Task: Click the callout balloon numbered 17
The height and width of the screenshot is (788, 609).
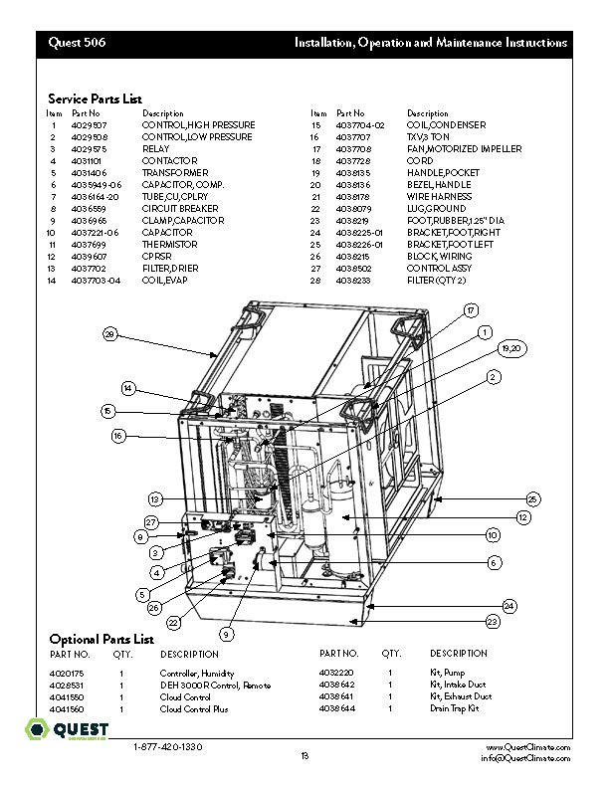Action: tap(470, 310)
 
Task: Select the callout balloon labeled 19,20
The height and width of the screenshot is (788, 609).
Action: tap(512, 348)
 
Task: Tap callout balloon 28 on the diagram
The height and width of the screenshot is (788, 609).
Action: tap(110, 334)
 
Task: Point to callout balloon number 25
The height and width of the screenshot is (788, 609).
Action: tap(532, 497)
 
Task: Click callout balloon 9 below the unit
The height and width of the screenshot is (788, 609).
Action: tap(226, 633)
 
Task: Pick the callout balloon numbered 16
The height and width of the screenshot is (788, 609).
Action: tap(118, 435)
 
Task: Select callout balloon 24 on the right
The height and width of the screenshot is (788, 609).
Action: tap(507, 605)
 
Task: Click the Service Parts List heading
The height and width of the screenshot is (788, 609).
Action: tap(95, 98)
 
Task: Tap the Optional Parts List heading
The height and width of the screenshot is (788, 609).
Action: tap(101, 638)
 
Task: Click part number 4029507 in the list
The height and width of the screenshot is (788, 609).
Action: tap(91, 125)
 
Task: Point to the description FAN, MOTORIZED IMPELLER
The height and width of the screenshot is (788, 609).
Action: tap(464, 149)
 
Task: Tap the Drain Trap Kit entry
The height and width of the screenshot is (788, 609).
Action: tap(454, 709)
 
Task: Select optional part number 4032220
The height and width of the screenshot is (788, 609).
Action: tap(336, 674)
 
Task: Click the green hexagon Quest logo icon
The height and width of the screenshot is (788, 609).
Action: tap(36, 730)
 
